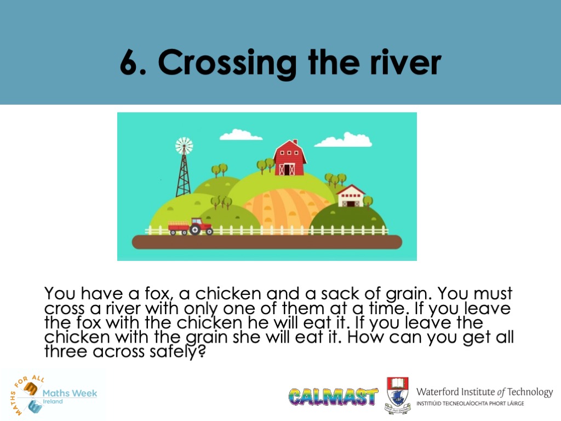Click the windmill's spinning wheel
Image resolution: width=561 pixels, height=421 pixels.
[184, 146]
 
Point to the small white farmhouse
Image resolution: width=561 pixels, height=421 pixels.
[351, 196]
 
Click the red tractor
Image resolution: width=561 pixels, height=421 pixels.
[201, 226]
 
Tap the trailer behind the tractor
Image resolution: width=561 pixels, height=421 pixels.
[179, 227]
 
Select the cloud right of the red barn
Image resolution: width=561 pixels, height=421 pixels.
[344, 140]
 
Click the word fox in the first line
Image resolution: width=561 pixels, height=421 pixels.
[157, 294]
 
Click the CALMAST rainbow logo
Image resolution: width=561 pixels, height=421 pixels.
[333, 396]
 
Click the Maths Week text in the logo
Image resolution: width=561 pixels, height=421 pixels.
[70, 393]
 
